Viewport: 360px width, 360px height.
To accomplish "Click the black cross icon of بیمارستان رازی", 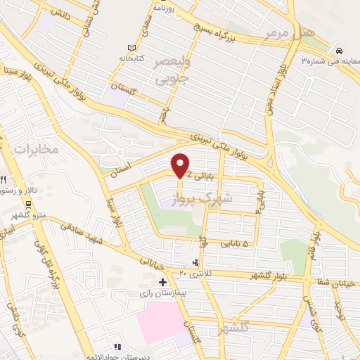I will coord(163,282).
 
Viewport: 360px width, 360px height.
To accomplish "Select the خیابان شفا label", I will coord(335,280).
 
